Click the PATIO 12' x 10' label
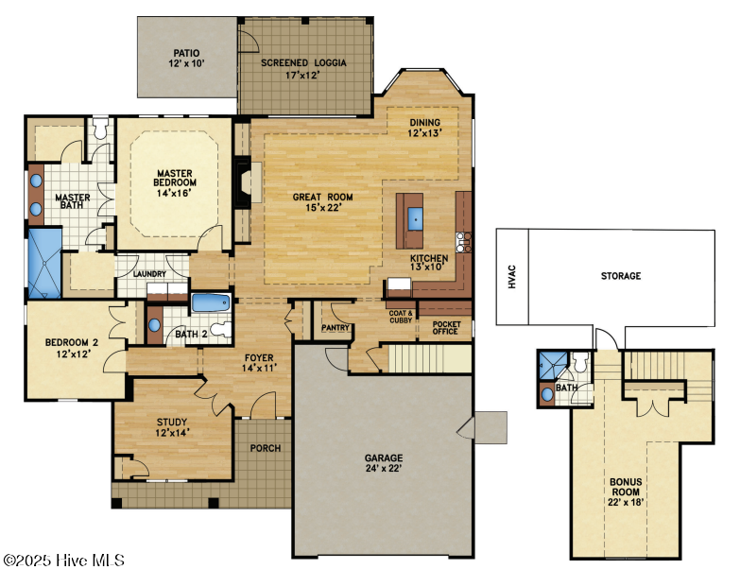pos(187,58)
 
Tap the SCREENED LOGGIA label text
pos(303,62)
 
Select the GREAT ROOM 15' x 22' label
pos(323,202)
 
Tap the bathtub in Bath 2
pos(211,302)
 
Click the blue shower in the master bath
pos(44,263)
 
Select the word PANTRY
pos(336,327)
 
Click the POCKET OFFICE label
pos(446,328)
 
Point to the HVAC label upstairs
pos(512,277)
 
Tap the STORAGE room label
pos(621,276)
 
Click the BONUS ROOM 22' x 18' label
pos(626,492)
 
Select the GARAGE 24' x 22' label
pos(384,463)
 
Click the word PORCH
pos(266,448)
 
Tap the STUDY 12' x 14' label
pos(172,427)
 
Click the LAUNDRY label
pos(149,274)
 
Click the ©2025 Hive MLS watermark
pos(63,561)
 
